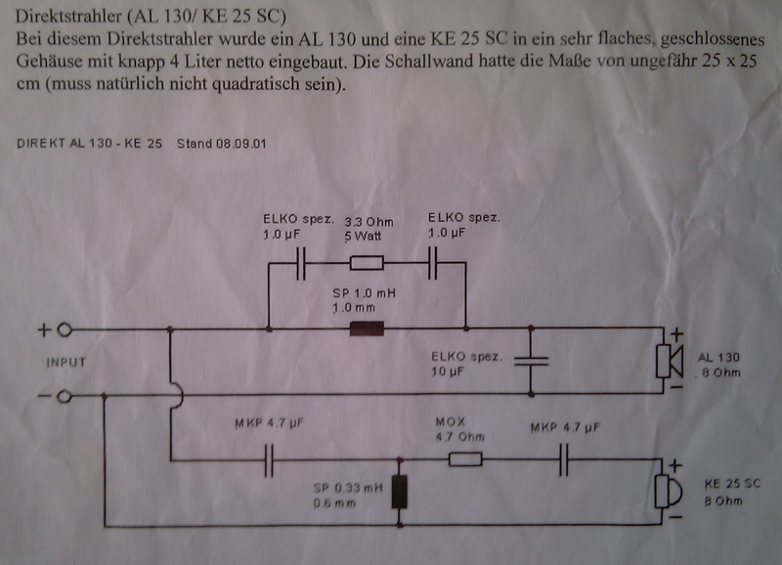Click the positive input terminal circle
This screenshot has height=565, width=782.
click(x=65, y=329)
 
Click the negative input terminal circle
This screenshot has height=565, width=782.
click(x=65, y=396)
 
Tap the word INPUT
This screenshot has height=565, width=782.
click(x=65, y=362)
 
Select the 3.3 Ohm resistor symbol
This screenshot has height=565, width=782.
click(x=367, y=262)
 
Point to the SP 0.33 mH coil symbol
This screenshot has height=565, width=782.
click(x=399, y=494)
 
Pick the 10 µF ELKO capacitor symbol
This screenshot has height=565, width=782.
click(x=531, y=361)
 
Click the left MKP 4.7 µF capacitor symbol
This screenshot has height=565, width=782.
click(x=269, y=460)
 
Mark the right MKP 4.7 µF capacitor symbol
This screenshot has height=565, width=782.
click(x=563, y=460)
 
